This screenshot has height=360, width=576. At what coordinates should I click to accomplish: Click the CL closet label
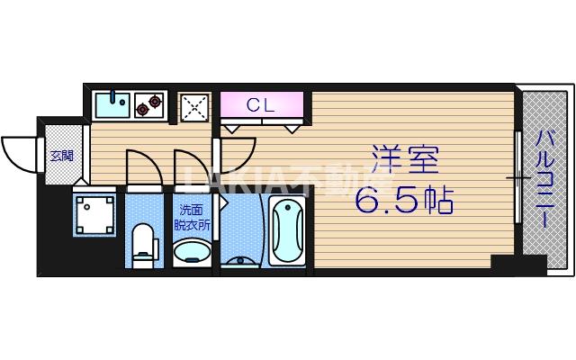(261, 105)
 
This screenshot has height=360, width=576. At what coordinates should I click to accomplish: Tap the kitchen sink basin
(112, 104)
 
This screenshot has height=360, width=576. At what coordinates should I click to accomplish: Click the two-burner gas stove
(148, 105)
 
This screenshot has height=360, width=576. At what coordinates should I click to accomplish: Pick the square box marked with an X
(195, 107)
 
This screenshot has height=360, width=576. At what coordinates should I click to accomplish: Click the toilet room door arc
(140, 166)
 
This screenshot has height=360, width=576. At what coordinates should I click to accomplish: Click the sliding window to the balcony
(519, 180)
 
